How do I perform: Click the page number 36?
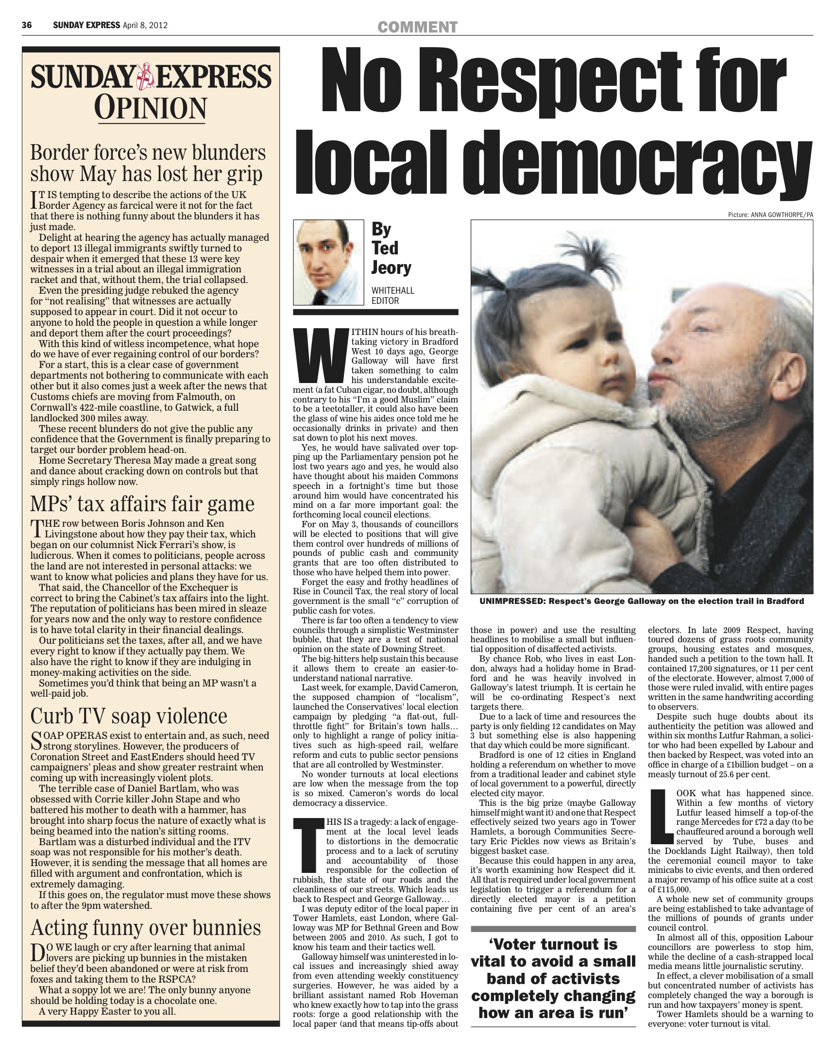tap(27, 25)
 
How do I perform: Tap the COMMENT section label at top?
tap(417, 27)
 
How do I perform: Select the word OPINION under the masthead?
tap(151, 108)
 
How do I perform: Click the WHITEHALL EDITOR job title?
tap(392, 296)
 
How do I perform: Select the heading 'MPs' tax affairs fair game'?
tap(142, 504)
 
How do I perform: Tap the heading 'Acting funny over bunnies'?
tap(146, 927)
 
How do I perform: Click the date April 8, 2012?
tap(145, 25)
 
